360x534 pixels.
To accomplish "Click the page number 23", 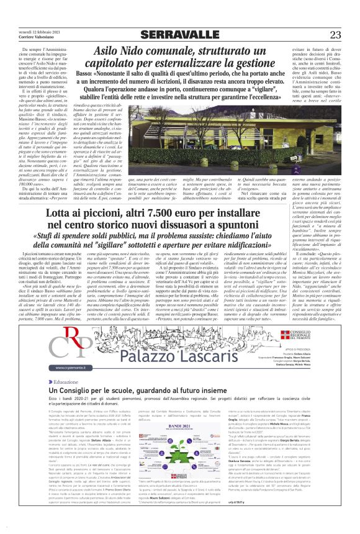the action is (335, 34).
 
